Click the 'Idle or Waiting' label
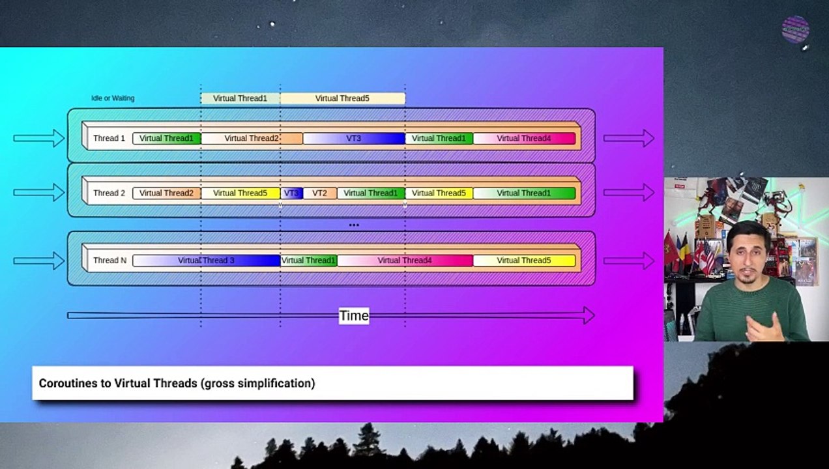[113, 98]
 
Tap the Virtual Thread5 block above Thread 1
[342, 98]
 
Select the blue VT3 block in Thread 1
[354, 138]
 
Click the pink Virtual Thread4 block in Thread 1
[525, 138]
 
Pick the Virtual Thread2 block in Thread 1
[252, 138]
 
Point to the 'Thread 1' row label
[109, 138]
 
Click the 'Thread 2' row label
[109, 193]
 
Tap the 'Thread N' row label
[110, 261]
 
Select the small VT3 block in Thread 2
[291, 193]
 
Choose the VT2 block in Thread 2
[320, 193]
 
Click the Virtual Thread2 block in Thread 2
[167, 193]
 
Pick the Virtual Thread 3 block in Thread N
[206, 261]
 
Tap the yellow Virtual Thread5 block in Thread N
[525, 261]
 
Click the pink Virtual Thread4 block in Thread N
[405, 261]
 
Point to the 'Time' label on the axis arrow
[354, 316]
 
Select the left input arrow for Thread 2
[39, 192]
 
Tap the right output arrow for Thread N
[629, 261]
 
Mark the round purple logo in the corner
[795, 29]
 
